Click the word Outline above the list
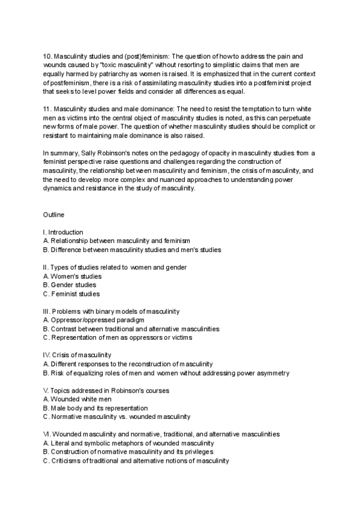[53, 214]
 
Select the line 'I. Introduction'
[63, 232]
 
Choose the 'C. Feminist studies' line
[71, 294]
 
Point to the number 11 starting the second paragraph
[47, 108]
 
